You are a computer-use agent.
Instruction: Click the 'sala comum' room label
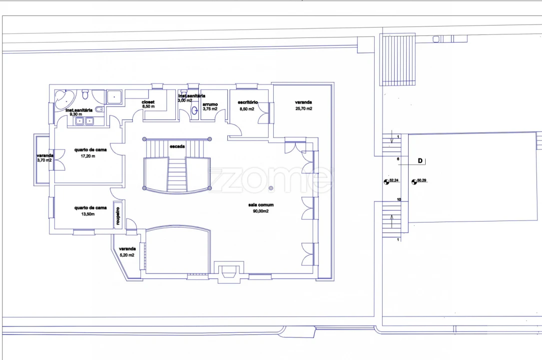pyautogui.click(x=261, y=204)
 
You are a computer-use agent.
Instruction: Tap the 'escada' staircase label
pyautogui.click(x=177, y=146)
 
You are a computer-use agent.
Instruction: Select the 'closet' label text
pyautogui.click(x=148, y=102)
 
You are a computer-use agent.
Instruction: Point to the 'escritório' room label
pyautogui.click(x=247, y=102)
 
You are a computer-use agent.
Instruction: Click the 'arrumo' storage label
pyautogui.click(x=210, y=104)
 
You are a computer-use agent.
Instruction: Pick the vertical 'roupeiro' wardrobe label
pyautogui.click(x=118, y=216)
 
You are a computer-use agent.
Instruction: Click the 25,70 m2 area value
pyautogui.click(x=304, y=108)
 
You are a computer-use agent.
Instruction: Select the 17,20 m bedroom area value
pyautogui.click(x=88, y=156)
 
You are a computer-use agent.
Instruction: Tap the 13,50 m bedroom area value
pyautogui.click(x=88, y=214)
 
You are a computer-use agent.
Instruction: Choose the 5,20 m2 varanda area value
pyautogui.click(x=127, y=255)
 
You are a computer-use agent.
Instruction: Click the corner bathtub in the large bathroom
pyautogui.click(x=64, y=99)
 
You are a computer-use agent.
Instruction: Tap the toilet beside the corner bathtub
pyautogui.click(x=85, y=94)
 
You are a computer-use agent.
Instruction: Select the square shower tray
pyautogui.click(x=114, y=97)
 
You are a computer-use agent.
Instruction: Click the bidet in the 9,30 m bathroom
pyautogui.click(x=99, y=109)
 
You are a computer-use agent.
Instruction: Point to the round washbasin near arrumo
pyautogui.click(x=194, y=110)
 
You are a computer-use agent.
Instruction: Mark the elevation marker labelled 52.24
pyautogui.click(x=387, y=182)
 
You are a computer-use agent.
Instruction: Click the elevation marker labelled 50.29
pyautogui.click(x=414, y=182)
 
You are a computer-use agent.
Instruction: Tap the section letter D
pyautogui.click(x=420, y=161)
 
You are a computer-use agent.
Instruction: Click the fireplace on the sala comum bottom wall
pyautogui.click(x=228, y=271)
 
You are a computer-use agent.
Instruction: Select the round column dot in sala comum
pyautogui.click(x=271, y=188)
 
